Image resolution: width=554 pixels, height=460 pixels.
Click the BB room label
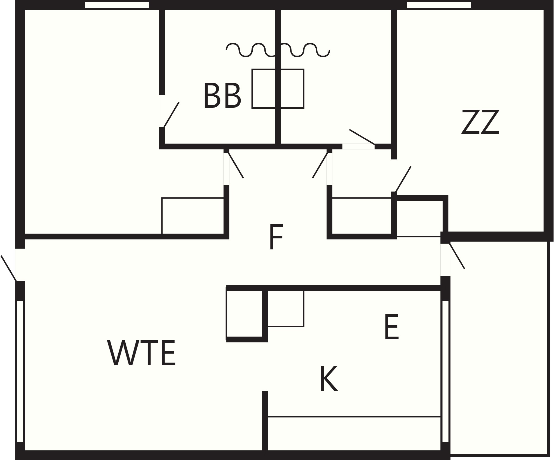point(222,95)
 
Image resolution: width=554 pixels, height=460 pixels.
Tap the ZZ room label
point(480,122)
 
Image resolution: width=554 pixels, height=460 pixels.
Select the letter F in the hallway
point(276,237)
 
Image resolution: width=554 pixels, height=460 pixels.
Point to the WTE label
point(141,353)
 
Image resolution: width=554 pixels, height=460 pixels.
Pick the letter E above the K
point(392,327)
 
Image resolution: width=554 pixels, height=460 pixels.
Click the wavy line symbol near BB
point(278,50)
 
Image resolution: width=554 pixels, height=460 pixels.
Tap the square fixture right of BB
point(278,89)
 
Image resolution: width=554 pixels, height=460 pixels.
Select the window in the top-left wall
point(117,5)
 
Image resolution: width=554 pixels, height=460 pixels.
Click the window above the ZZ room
point(439,5)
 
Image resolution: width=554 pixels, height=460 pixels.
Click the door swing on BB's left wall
point(171,115)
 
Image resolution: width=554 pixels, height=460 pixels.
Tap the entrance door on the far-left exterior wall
point(9,268)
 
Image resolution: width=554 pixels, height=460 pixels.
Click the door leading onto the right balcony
point(457,256)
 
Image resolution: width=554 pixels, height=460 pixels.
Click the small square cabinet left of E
point(286,308)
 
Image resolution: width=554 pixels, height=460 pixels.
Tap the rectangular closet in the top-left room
point(193,216)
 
